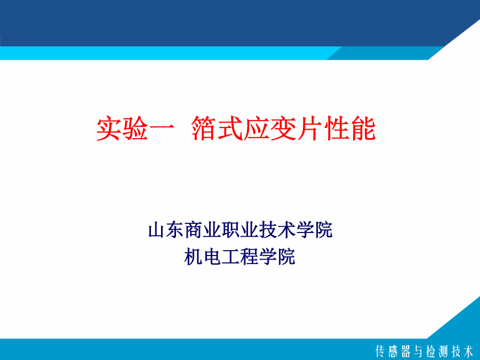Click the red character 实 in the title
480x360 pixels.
tap(109, 129)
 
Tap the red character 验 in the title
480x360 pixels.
tap(135, 129)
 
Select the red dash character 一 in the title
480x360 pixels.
tap(161, 128)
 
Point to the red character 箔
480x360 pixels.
tap(204, 129)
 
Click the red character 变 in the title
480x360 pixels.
tap(283, 129)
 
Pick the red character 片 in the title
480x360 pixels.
tap(309, 129)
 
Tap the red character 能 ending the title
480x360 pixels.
tap(363, 129)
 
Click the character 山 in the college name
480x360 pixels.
tap(156, 230)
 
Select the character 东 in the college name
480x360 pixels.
tap(175, 230)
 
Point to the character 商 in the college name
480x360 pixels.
tap(194, 230)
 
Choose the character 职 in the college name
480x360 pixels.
tap(231, 230)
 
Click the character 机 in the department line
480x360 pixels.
tap(194, 257)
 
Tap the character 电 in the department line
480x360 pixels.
tap(212, 257)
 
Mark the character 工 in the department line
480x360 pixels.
tap(230, 257)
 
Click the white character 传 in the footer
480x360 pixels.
tap(380, 351)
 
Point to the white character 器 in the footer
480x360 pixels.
tap(406, 351)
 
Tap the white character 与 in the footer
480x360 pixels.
tap(419, 351)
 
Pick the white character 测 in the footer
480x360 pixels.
tap(444, 351)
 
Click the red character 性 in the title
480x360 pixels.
tap(337, 129)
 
